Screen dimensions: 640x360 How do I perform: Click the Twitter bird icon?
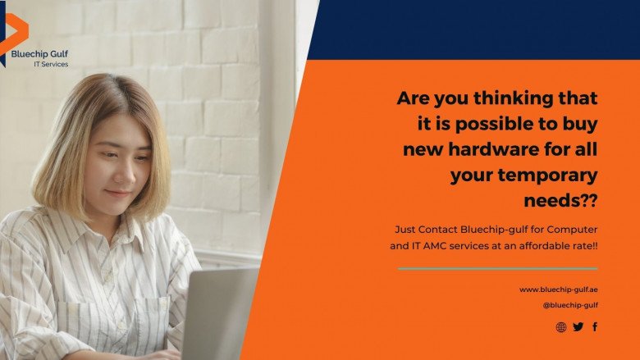pos(578,326)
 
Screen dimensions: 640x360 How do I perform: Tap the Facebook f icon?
pos(595,326)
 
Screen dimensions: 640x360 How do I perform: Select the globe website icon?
pos(561,326)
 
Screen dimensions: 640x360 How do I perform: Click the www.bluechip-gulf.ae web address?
pos(559,289)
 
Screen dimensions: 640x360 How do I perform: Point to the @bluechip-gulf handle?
pos(570,305)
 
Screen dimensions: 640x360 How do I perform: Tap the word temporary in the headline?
pos(547,175)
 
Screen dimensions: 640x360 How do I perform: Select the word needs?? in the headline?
pos(560,200)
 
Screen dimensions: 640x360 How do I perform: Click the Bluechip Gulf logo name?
pos(39,54)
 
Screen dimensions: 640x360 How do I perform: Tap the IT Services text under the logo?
pos(51,64)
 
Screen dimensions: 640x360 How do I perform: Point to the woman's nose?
pos(124,173)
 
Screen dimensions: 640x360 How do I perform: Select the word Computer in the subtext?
pos(572,230)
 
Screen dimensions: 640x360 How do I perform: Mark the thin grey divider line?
pos(497,269)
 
